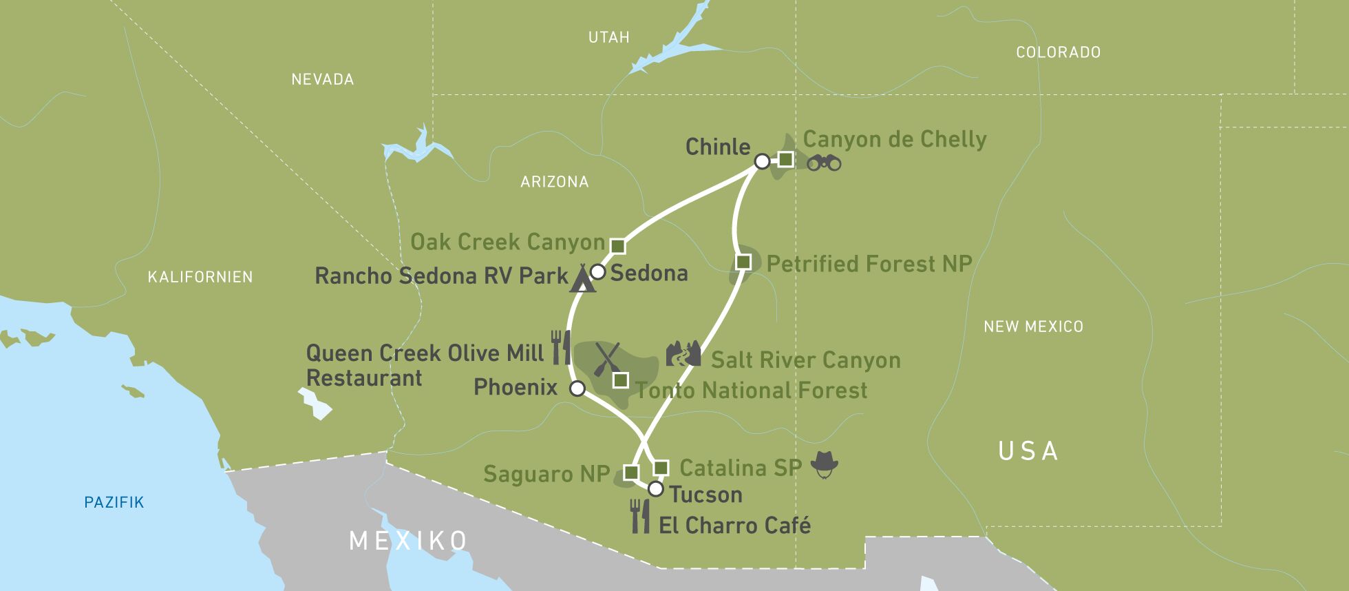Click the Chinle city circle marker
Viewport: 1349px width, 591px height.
tap(762, 161)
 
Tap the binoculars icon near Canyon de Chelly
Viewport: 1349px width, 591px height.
tap(824, 163)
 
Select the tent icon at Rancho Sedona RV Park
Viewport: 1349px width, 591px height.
tap(582, 279)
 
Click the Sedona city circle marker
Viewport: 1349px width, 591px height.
tap(598, 272)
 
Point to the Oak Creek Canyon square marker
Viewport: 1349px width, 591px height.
tap(618, 246)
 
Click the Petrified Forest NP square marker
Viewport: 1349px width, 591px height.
tap(743, 262)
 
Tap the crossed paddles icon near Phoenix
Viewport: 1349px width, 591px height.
tap(607, 359)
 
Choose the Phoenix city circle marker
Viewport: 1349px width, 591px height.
tap(577, 388)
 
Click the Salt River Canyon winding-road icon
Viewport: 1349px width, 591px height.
tap(683, 353)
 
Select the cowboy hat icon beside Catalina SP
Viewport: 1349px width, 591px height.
tap(824, 464)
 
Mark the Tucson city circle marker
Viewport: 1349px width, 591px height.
tap(656, 489)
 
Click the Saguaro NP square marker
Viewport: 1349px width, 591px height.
tap(630, 472)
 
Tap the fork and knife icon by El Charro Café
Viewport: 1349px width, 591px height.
tap(640, 516)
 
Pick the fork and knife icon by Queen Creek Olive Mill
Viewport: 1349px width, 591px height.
tap(561, 346)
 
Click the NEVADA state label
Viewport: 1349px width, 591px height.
tap(322, 79)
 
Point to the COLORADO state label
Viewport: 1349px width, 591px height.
tap(1058, 52)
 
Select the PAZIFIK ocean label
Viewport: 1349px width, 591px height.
tap(114, 502)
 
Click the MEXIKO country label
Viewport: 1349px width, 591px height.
tap(408, 540)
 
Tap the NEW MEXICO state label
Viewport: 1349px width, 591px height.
tap(1033, 326)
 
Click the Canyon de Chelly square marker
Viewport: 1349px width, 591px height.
tap(785, 160)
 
